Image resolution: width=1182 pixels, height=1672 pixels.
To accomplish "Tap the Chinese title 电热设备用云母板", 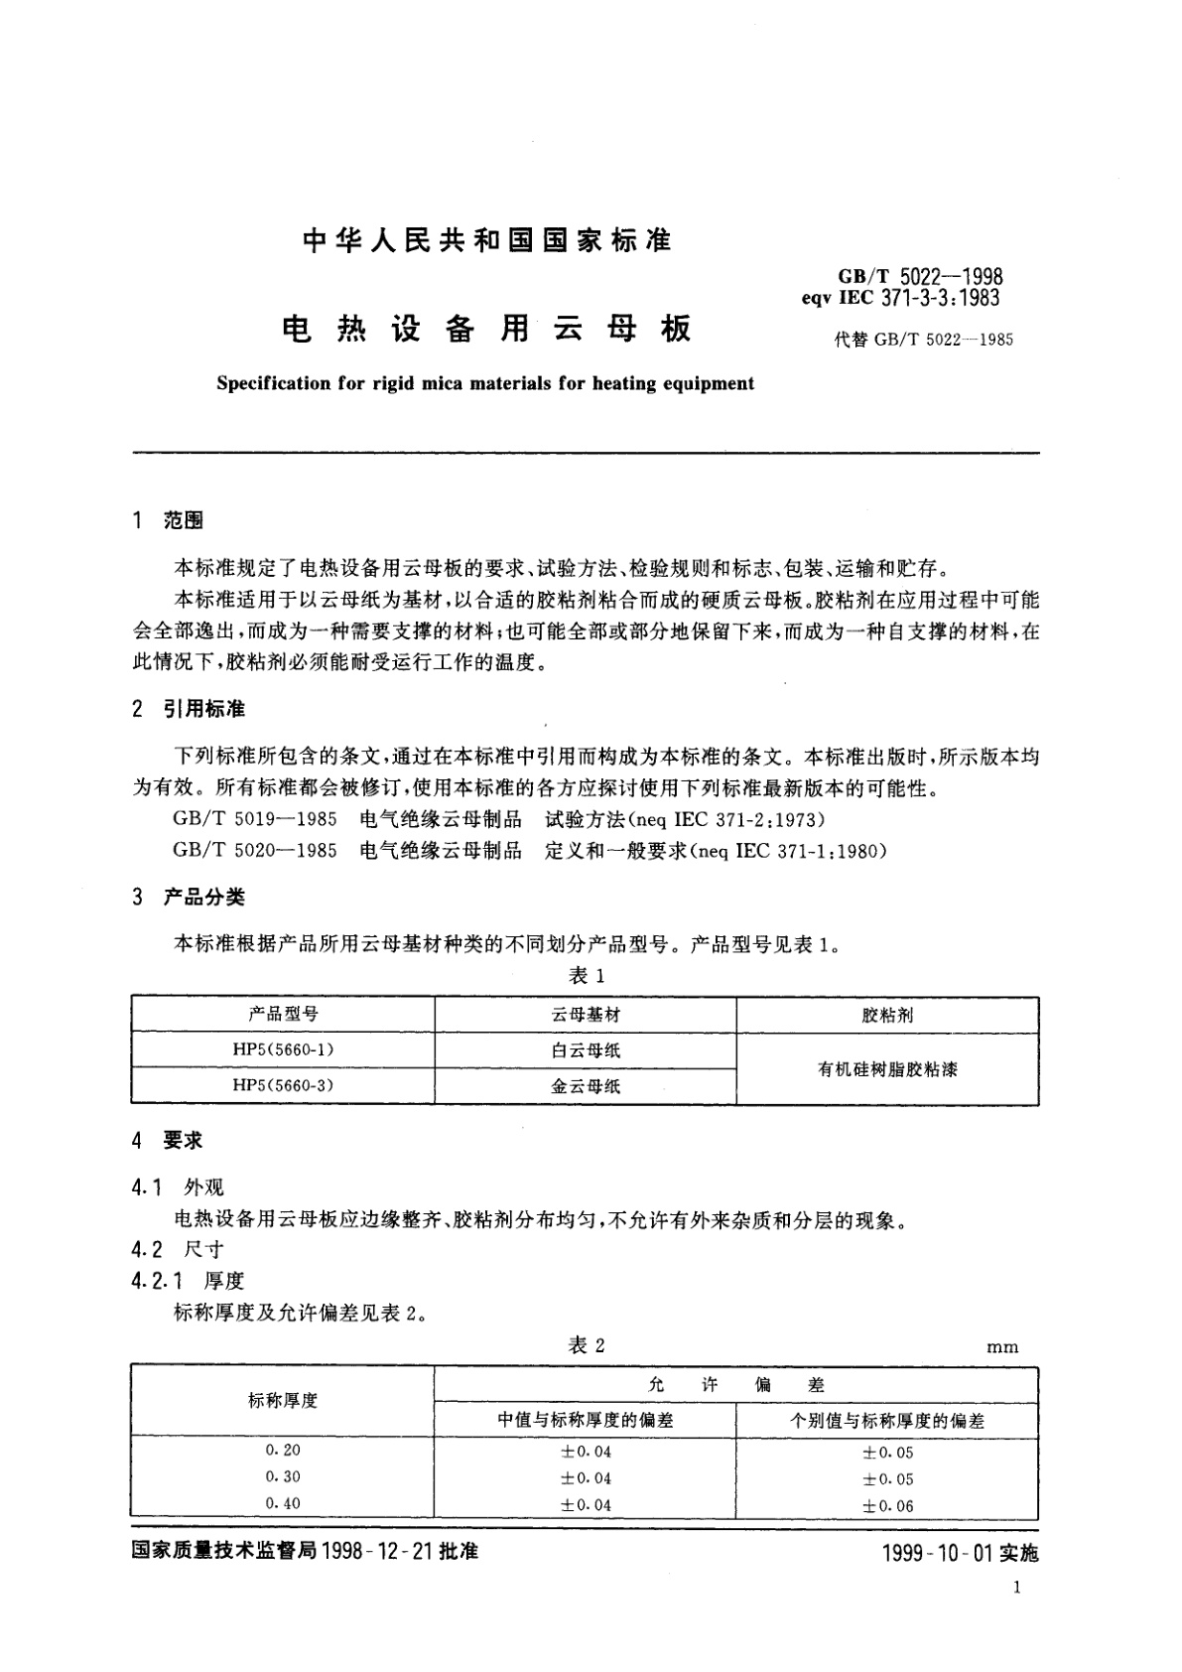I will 486,329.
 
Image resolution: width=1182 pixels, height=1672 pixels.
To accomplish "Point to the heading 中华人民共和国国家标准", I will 486,240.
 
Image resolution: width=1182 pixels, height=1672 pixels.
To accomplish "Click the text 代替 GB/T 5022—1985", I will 923,340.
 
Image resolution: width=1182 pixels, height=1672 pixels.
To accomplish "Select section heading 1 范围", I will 168,520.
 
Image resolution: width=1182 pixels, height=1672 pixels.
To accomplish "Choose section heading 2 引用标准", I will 189,709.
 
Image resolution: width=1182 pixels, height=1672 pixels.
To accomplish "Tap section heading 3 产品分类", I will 189,897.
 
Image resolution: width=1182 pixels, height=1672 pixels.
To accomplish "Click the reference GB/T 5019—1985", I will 255,820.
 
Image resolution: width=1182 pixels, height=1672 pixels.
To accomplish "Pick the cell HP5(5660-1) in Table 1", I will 283,1049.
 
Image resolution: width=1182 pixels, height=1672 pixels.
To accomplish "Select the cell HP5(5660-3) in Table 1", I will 283,1085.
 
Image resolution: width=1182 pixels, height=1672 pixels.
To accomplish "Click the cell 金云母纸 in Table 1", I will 586,1086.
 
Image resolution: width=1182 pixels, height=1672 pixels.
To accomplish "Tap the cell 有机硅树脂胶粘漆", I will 887,1069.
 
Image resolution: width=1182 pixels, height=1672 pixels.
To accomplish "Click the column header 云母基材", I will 586,1015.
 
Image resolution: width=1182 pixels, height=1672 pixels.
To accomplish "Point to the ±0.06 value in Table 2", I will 887,1506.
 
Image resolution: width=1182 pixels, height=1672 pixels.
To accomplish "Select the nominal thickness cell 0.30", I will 283,1477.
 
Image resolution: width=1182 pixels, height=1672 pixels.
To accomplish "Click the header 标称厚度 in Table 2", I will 283,1401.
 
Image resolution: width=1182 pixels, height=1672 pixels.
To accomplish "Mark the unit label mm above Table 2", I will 1002,1347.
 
